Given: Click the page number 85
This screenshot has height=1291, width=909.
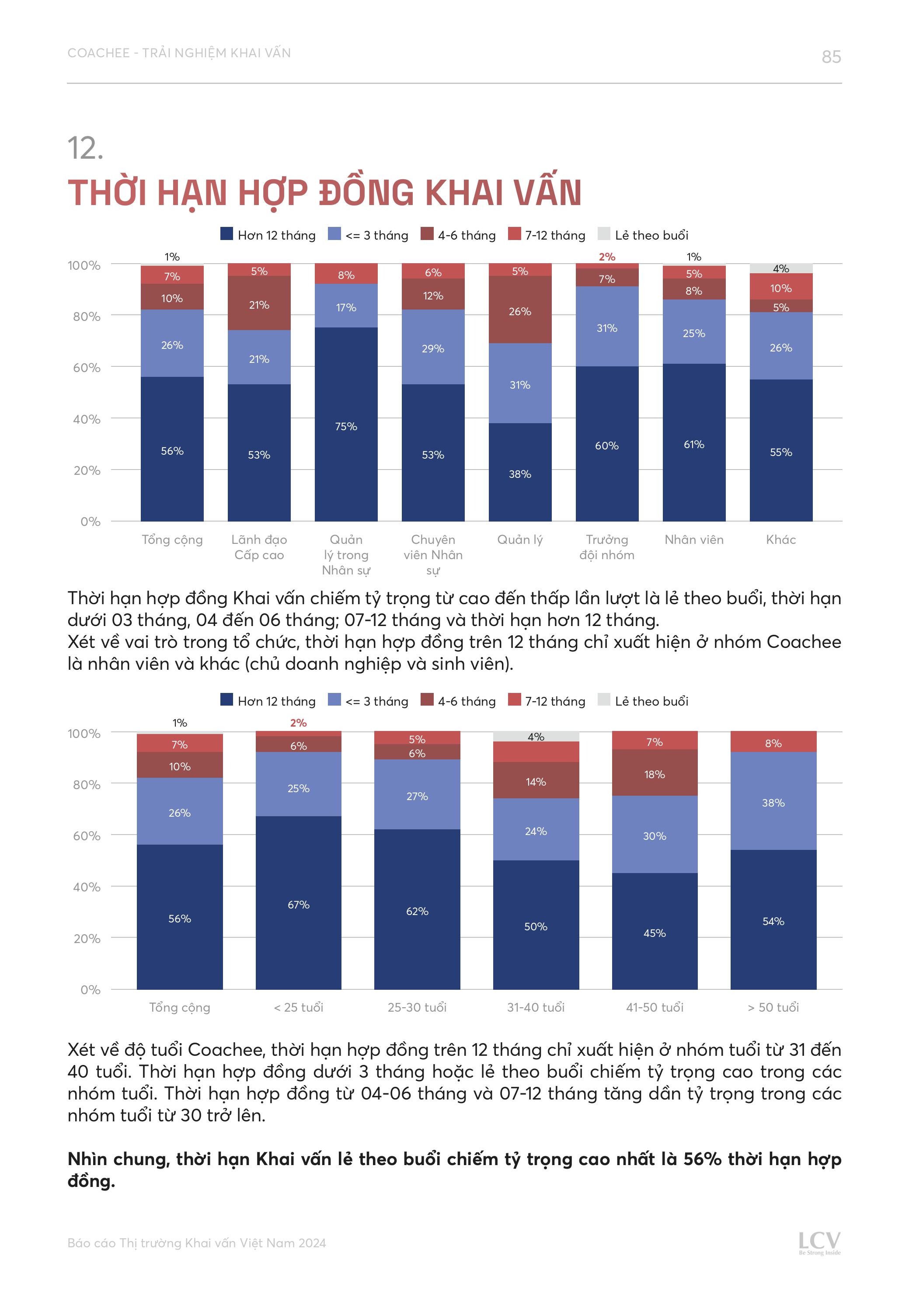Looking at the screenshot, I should point(831,57).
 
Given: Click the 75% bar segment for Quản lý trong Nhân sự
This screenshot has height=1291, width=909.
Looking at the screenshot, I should point(346,426).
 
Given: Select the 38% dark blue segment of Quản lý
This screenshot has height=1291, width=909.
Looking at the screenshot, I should point(520,473).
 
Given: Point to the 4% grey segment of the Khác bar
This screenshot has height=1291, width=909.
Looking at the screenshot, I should point(781,268).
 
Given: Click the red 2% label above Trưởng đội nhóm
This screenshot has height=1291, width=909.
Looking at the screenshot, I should point(607,257).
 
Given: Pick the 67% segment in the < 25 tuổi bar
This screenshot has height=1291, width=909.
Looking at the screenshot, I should point(298,904).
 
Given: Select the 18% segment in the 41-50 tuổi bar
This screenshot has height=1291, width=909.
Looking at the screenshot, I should point(654,774).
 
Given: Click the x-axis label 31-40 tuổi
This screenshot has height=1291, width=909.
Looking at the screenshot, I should point(536,1007).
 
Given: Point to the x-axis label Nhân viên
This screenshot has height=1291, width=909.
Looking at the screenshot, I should point(693,540).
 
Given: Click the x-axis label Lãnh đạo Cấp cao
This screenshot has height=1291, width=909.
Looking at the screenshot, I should point(259,547).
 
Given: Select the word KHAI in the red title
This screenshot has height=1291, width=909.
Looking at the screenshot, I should point(466,193).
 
